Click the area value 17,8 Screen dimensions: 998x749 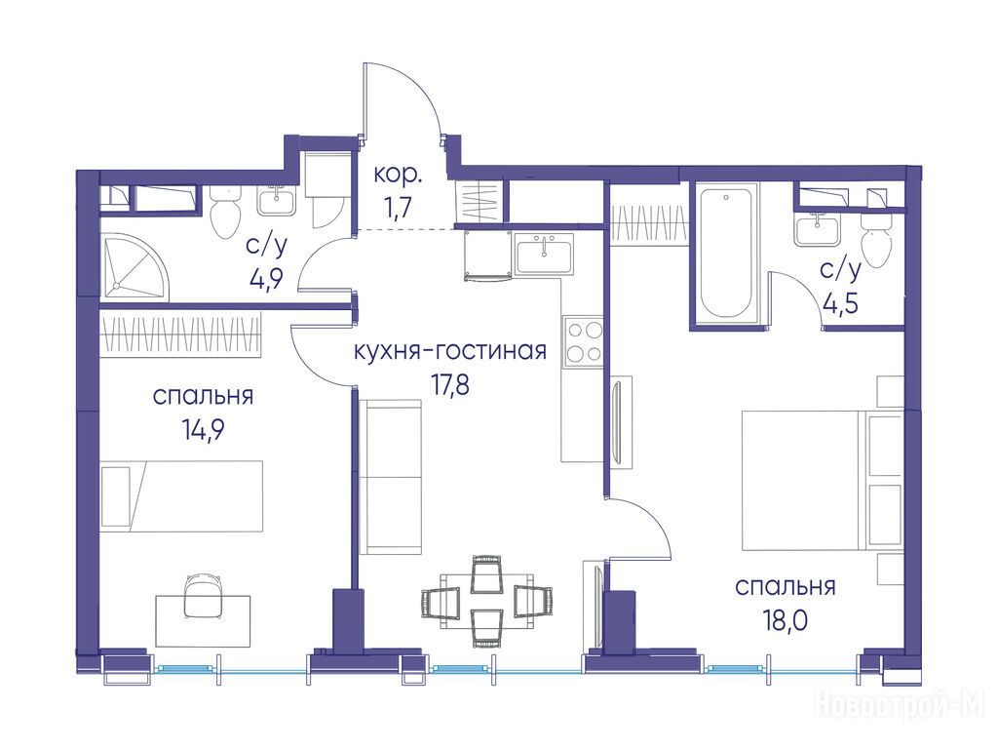tap(450, 384)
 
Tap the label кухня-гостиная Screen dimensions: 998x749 tap(450, 350)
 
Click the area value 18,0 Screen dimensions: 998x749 tap(786, 618)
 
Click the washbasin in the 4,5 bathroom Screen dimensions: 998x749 tap(817, 230)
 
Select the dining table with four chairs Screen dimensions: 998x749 tap(486, 601)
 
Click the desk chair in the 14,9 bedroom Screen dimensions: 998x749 tap(203, 596)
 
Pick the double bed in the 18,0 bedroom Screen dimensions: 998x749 tap(822, 480)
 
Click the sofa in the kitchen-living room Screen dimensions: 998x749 tap(391, 477)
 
